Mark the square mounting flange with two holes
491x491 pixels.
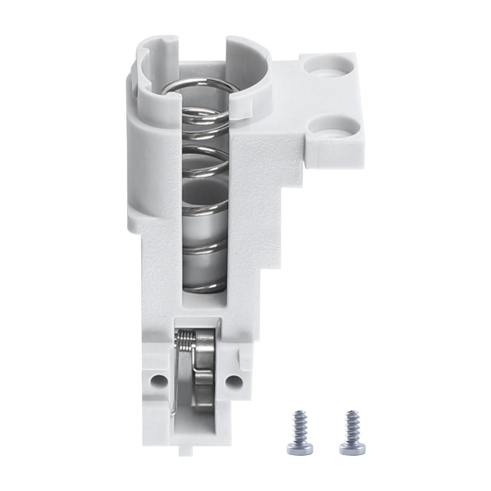[x=331, y=98]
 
